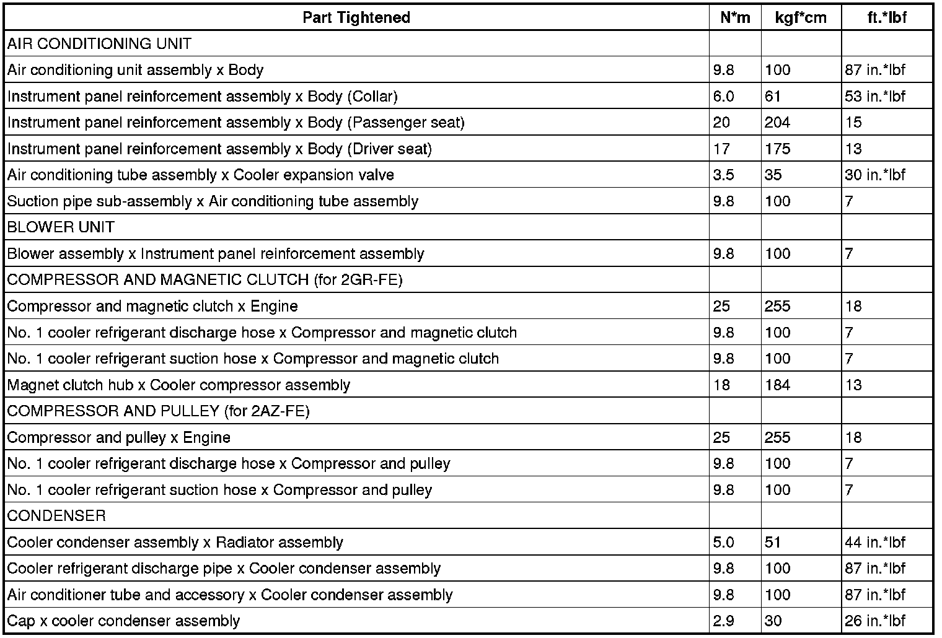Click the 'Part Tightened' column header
(x=356, y=17)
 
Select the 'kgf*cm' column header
(x=801, y=17)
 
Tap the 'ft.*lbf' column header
(x=887, y=17)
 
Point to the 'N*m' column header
(x=735, y=17)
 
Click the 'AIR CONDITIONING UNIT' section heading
(x=99, y=44)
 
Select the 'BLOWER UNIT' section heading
(x=61, y=227)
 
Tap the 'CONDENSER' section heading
(x=56, y=516)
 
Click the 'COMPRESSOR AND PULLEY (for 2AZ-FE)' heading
(x=158, y=411)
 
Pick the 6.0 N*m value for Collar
(x=723, y=96)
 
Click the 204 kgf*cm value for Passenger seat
(x=777, y=123)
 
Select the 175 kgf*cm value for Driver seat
(x=777, y=149)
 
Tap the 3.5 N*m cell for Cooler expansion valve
(x=723, y=175)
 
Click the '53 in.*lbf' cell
(x=874, y=96)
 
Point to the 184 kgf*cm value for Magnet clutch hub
(x=777, y=385)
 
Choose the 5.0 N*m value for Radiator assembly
(x=723, y=543)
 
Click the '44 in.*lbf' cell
(x=874, y=543)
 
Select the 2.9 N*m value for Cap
(x=723, y=621)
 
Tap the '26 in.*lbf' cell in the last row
(x=874, y=621)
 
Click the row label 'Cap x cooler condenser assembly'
(x=123, y=621)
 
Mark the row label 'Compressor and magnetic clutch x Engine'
(x=152, y=307)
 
